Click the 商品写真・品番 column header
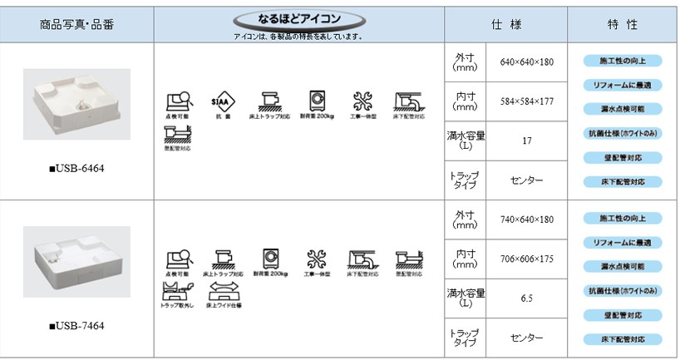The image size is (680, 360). click(x=76, y=23)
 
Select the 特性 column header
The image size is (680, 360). click(x=622, y=23)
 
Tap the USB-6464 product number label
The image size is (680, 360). click(x=76, y=169)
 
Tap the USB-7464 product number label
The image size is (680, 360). click(x=76, y=326)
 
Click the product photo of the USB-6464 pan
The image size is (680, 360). click(x=76, y=101)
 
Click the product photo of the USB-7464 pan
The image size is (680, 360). click(x=76, y=261)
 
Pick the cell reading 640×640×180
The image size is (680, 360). click(x=527, y=62)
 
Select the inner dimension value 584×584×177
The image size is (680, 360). click(x=527, y=101)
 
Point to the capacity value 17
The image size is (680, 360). click(x=527, y=141)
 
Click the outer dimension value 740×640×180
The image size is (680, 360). click(x=527, y=219)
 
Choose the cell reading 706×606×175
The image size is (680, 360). click(x=527, y=259)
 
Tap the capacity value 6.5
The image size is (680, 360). click(x=527, y=298)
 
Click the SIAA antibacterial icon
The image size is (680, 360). click(x=220, y=101)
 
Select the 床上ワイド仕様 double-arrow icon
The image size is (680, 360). click(x=223, y=291)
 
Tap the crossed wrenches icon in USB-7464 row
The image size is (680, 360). click(x=315, y=259)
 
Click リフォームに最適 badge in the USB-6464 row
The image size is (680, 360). click(x=622, y=85)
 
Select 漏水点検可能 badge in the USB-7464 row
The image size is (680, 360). click(x=622, y=266)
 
